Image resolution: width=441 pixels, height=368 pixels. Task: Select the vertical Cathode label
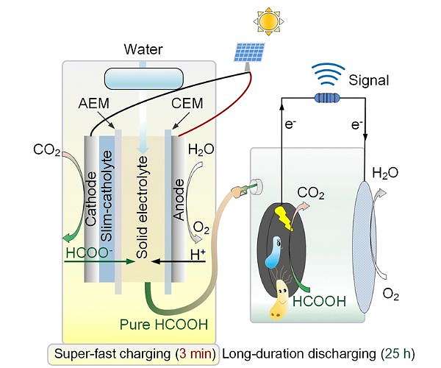[x=92, y=199]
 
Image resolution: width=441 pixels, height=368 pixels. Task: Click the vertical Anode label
[x=178, y=199]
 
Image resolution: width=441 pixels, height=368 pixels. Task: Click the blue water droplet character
[x=274, y=251]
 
